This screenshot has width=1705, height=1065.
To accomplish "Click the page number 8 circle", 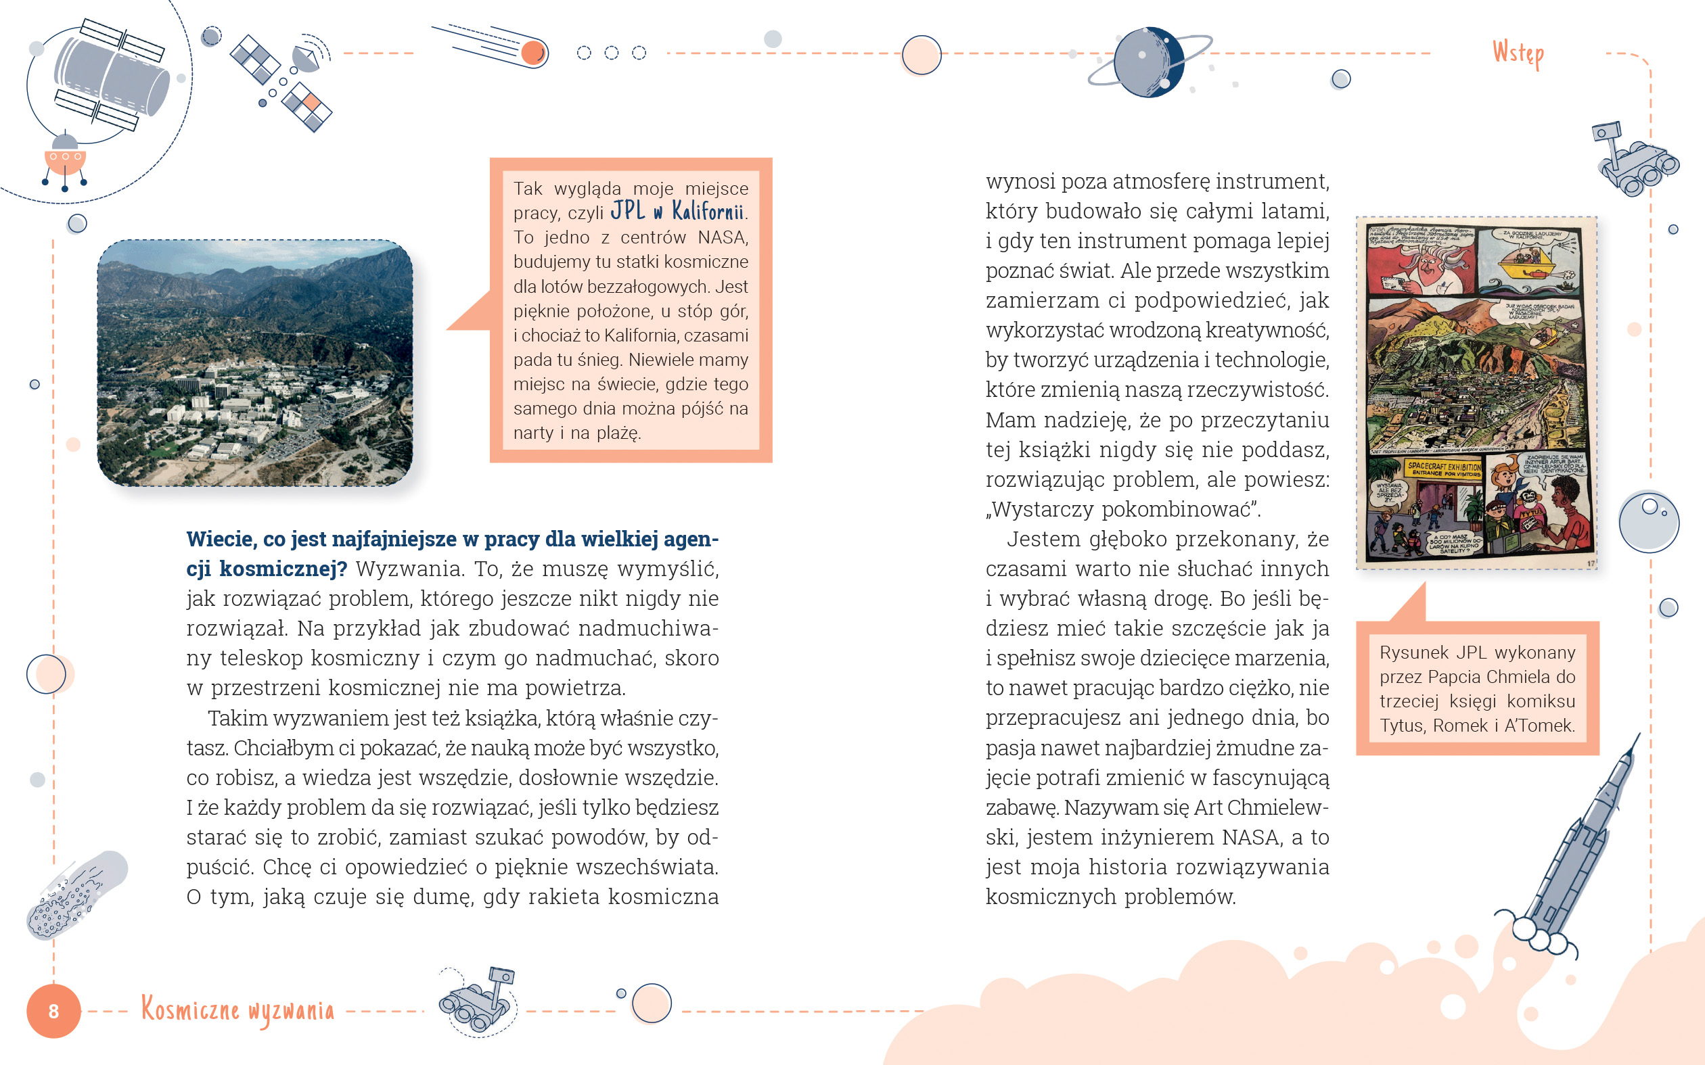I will pyautogui.click(x=53, y=1011).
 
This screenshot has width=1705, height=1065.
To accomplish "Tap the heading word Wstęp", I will pyautogui.click(x=1518, y=53).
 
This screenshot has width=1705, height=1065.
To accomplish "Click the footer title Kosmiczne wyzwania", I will pyautogui.click(x=237, y=1010).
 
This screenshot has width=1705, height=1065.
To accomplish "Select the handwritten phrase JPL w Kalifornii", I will pyautogui.click(x=677, y=211).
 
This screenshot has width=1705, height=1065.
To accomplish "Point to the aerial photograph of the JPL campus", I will pyautogui.click(x=255, y=362).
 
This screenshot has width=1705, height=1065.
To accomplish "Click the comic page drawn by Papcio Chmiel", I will pyautogui.click(x=1477, y=393).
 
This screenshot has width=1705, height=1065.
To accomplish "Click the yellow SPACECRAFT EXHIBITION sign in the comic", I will pyautogui.click(x=1444, y=469).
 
